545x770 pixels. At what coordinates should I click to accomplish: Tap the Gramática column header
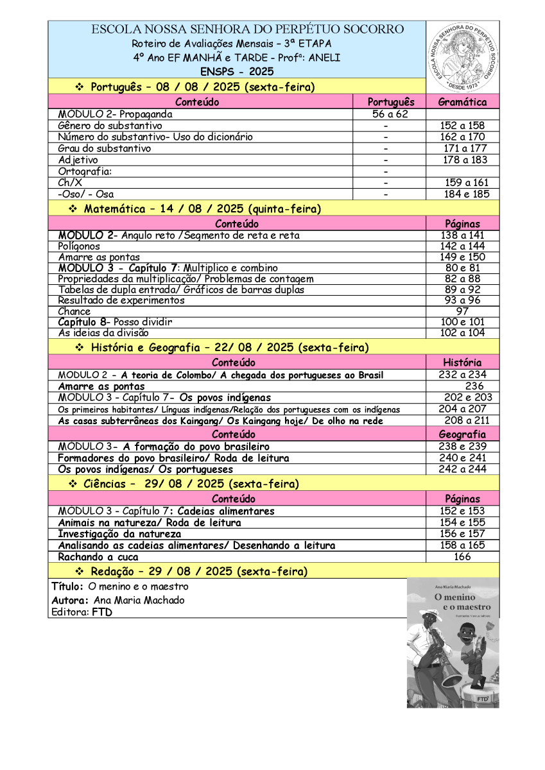click(462, 102)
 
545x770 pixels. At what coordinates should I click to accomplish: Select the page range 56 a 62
click(390, 114)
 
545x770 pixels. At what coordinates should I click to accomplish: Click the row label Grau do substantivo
click(105, 148)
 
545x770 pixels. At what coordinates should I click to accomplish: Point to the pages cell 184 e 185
click(466, 194)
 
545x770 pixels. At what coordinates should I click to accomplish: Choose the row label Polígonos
click(79, 246)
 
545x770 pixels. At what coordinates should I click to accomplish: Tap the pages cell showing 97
click(462, 311)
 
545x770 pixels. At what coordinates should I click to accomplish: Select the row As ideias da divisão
click(103, 333)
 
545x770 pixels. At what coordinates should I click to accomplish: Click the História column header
click(462, 363)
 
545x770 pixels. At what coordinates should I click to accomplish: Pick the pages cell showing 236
click(474, 386)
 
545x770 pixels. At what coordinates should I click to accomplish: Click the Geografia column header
click(462, 434)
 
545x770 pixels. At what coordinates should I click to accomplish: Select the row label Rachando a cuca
click(98, 557)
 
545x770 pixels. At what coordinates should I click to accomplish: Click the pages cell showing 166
click(462, 557)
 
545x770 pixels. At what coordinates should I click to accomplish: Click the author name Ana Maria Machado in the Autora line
click(139, 600)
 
